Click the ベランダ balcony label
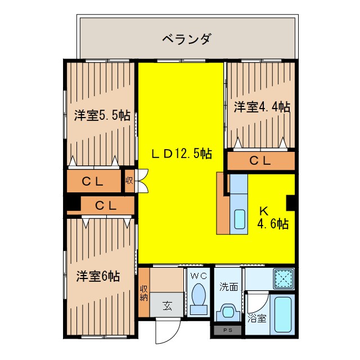(x=187, y=39)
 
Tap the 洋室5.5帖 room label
(x=102, y=116)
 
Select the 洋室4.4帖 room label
(x=262, y=107)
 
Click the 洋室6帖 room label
(x=98, y=276)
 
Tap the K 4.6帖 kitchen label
(x=273, y=218)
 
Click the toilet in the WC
(x=198, y=299)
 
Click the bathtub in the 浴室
(x=281, y=315)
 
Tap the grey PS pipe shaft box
(x=227, y=331)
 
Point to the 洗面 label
(x=228, y=286)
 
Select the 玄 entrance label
(x=168, y=307)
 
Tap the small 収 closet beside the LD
(x=129, y=181)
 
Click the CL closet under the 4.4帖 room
(x=260, y=161)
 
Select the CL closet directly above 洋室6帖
(x=106, y=205)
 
